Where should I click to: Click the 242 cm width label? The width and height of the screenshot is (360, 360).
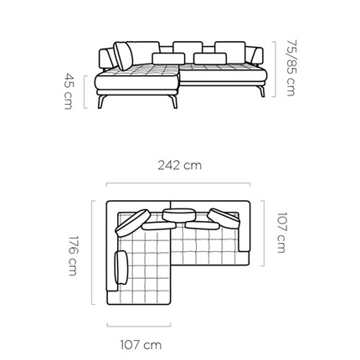(x=179, y=165)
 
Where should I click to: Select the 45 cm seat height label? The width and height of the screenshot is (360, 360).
(x=69, y=91)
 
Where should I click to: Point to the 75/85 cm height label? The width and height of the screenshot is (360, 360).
(x=291, y=68)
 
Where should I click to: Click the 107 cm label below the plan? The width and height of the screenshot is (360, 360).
(x=141, y=345)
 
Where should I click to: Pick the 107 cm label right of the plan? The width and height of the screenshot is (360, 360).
(x=281, y=233)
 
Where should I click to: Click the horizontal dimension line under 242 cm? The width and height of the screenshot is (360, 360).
(x=178, y=183)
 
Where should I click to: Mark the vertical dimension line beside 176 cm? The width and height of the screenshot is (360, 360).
(x=92, y=252)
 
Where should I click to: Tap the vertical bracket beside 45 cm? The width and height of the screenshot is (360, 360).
(x=85, y=92)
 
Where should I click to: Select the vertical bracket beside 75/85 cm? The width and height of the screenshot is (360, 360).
(x=275, y=69)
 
